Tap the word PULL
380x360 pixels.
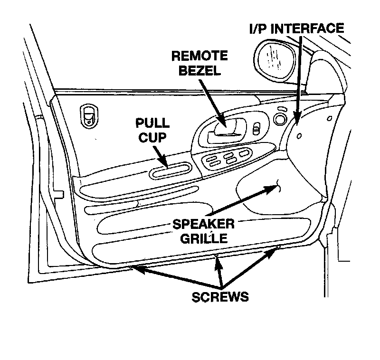152,123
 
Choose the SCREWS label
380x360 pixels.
220,297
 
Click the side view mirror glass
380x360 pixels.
275,57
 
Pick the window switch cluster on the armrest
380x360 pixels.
227,159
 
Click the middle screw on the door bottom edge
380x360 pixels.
217,258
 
